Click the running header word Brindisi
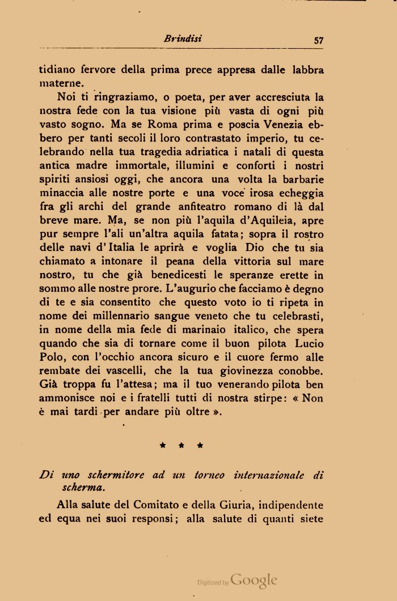[183, 39]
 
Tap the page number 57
[318, 40]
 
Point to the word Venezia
[285, 125]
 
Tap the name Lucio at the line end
[309, 344]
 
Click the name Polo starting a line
[52, 357]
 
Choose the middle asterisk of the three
[181, 446]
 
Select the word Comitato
[161, 505]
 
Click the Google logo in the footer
[254, 579]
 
